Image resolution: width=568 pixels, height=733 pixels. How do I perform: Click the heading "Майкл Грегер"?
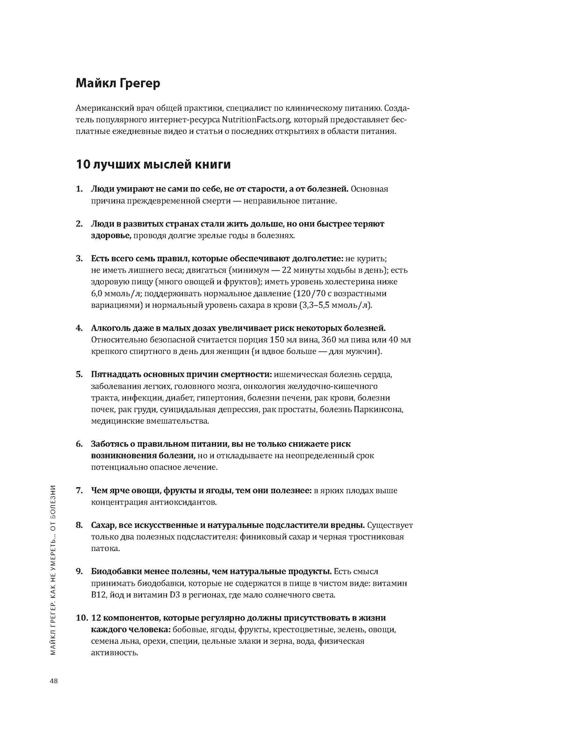point(118,83)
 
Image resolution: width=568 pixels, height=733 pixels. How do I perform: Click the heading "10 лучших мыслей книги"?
point(153,164)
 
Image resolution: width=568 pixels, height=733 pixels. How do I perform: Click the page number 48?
point(53,681)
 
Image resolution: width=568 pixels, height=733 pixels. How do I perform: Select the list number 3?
point(79,259)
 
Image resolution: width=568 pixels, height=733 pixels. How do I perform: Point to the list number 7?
point(79,490)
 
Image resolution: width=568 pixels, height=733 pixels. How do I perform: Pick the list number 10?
point(81,618)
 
